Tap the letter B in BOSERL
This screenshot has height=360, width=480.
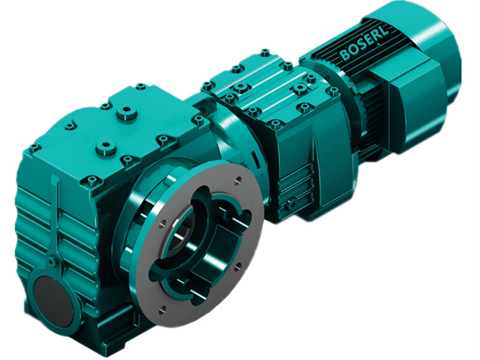click(344, 55)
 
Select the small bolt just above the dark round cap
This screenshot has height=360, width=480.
click(52, 262)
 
